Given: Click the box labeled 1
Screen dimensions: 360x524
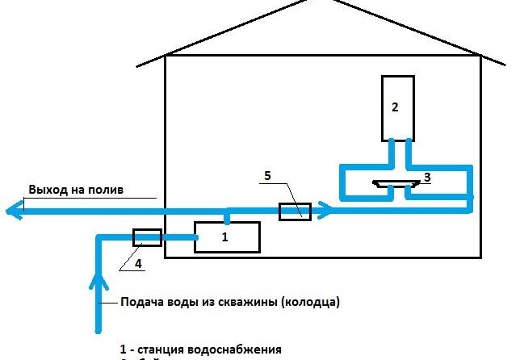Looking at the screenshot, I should click(227, 237).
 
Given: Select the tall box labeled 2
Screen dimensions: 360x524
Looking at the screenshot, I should click(398, 107).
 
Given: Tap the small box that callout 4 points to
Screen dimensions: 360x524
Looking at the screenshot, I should click(147, 237).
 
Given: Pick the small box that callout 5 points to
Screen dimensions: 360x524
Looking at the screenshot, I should click(295, 211).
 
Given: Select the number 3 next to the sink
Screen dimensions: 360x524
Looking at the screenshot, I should click(427, 177).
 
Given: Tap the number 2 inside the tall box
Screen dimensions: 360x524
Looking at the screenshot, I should click(395, 107).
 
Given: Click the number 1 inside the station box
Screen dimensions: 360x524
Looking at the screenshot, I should click(225, 237).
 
